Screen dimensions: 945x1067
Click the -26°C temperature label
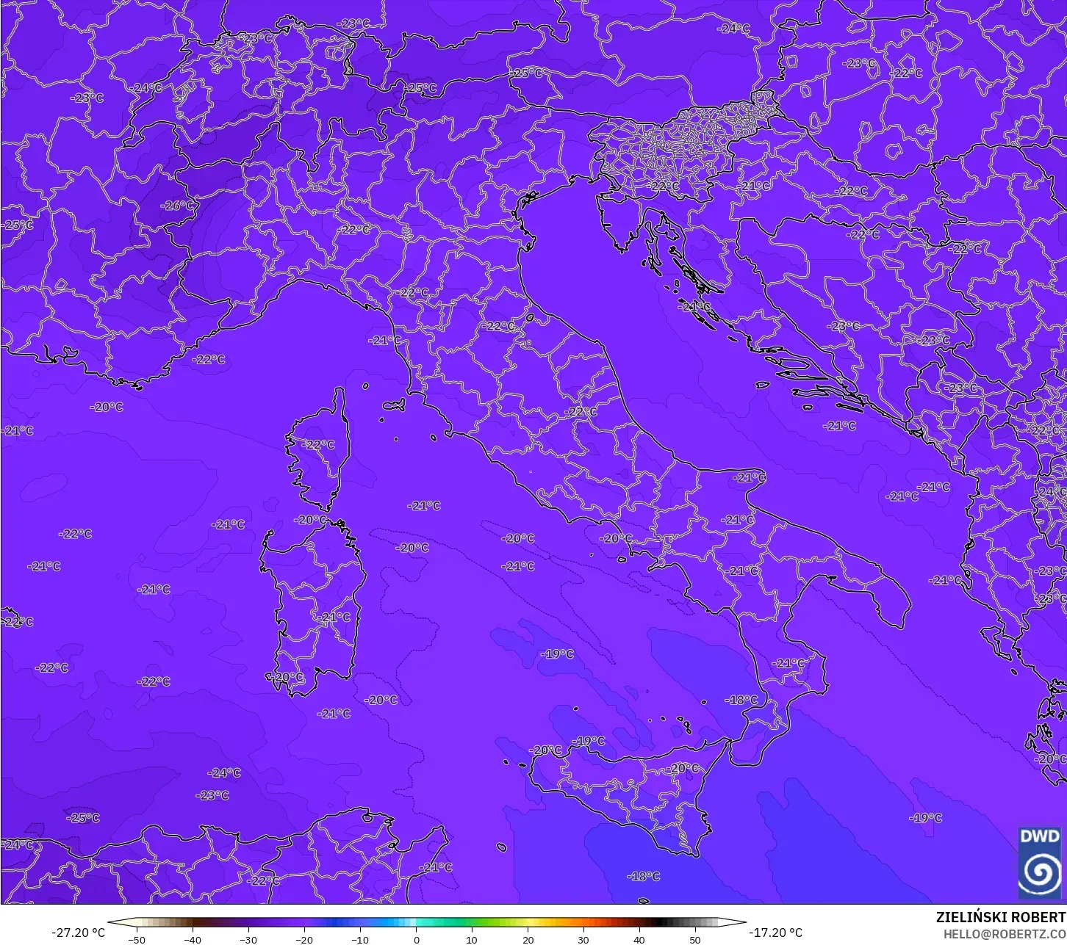click(179, 206)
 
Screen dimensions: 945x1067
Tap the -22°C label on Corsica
click(320, 444)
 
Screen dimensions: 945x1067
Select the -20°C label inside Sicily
click(684, 768)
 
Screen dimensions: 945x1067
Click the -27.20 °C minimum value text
click(78, 933)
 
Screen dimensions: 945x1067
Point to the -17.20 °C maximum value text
click(775, 933)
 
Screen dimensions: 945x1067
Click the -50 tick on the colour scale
click(137, 939)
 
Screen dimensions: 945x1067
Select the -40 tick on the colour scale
click(193, 939)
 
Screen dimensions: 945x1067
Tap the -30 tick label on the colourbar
click(248, 939)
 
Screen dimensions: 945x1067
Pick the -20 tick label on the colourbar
click(304, 939)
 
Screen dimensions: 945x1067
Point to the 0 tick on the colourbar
click(416, 939)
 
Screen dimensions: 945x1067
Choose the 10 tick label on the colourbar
click(472, 939)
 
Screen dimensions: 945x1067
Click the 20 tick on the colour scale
click(528, 939)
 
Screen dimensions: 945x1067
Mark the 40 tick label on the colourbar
click(639, 939)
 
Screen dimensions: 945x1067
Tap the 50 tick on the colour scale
click(695, 939)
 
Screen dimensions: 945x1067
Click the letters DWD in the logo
click(1040, 836)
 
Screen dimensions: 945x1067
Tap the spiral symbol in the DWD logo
click(1040, 872)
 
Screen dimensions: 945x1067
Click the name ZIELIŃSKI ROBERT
click(1001, 917)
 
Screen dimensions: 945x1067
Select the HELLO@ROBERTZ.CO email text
click(1005, 934)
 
